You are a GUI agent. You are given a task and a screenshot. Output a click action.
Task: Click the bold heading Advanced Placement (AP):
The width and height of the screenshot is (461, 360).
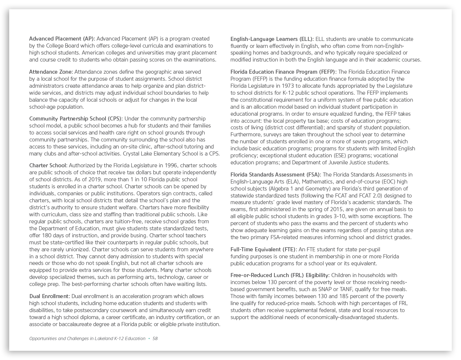point(62,39)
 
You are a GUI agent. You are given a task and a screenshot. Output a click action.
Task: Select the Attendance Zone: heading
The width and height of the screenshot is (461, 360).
point(51,72)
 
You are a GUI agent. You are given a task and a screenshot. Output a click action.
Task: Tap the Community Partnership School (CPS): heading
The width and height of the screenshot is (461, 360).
point(76,119)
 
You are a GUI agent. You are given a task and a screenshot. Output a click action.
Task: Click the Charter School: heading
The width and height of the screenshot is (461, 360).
point(48,165)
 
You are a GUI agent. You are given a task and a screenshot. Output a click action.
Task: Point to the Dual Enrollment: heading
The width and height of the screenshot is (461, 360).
point(49,296)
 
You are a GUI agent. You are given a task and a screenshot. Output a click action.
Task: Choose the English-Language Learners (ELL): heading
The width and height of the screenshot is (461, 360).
point(272,39)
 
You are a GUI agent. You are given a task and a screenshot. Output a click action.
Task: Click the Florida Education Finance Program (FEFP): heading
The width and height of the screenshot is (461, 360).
point(283,72)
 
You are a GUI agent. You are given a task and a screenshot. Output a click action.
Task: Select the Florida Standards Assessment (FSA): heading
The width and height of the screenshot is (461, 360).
point(275,175)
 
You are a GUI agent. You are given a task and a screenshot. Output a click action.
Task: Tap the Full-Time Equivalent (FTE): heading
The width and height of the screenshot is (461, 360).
point(263,249)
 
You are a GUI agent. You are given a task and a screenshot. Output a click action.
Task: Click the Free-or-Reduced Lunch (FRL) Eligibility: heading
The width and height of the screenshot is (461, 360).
point(280,275)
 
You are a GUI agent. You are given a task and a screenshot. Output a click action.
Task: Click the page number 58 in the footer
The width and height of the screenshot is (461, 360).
point(155,339)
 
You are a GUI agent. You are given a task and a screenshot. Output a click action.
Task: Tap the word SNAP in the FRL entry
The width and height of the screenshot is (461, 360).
point(326,289)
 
